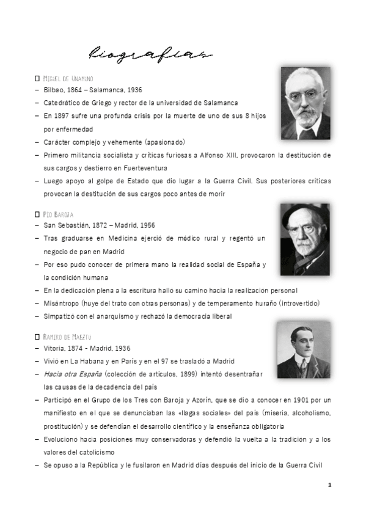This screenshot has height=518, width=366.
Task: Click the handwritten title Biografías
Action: [150, 55]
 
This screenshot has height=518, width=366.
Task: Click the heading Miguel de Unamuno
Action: [68, 79]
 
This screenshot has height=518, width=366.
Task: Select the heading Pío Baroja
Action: [59, 214]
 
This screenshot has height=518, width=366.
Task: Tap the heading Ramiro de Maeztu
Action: [71, 337]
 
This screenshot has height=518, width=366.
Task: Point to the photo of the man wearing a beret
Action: [305, 239]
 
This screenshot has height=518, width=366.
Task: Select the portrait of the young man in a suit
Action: [304, 349]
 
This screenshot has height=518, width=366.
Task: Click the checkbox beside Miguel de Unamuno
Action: [37, 79]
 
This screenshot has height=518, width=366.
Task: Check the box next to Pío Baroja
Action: [37, 214]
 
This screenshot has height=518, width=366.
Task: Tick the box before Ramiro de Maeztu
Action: [37, 337]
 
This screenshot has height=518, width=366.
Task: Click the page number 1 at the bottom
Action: [329, 485]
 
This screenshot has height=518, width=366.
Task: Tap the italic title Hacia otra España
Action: [72, 373]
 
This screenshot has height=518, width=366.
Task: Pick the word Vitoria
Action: [57, 348]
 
